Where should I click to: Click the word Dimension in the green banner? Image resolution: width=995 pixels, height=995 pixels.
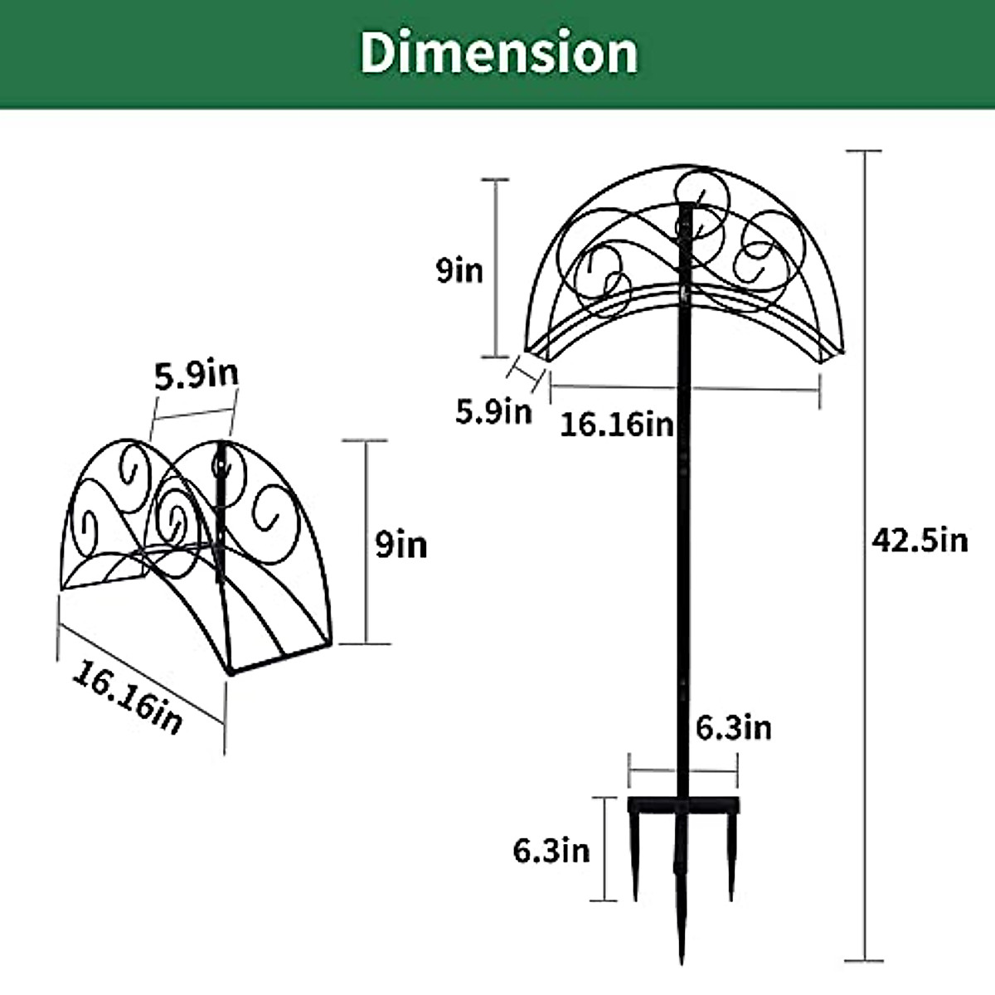[498, 51]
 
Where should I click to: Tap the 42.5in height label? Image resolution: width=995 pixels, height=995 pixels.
[920, 541]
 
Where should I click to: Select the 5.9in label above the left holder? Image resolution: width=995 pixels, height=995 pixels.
[197, 375]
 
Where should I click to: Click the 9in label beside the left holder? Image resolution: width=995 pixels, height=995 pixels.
[401, 546]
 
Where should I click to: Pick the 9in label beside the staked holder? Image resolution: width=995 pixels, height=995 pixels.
[460, 270]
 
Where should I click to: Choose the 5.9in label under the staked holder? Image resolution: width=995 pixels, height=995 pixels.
[493, 410]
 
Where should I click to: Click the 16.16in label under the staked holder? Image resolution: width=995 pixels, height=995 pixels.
[616, 425]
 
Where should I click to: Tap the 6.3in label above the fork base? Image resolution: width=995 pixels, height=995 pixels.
[733, 728]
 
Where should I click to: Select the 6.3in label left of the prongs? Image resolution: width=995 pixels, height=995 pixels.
[551, 850]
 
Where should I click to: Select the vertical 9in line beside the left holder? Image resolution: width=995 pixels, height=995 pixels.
[365, 542]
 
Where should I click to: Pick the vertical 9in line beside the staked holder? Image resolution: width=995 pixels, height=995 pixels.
[496, 269]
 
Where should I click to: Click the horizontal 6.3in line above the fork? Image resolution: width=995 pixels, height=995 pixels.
[682, 772]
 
